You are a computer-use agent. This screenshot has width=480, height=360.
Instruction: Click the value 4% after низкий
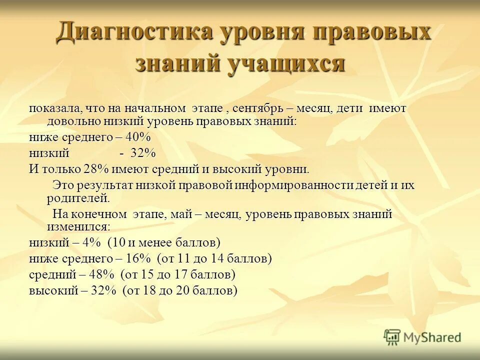coord(92,243)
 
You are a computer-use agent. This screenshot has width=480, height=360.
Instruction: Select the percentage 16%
coord(138,259)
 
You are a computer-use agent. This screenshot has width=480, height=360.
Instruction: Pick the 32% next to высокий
coord(103,290)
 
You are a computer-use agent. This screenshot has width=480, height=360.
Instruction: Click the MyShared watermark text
coord(432,337)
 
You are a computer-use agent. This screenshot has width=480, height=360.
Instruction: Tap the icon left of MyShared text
coord(392,337)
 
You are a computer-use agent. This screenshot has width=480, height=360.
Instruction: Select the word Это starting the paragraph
coord(63,185)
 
